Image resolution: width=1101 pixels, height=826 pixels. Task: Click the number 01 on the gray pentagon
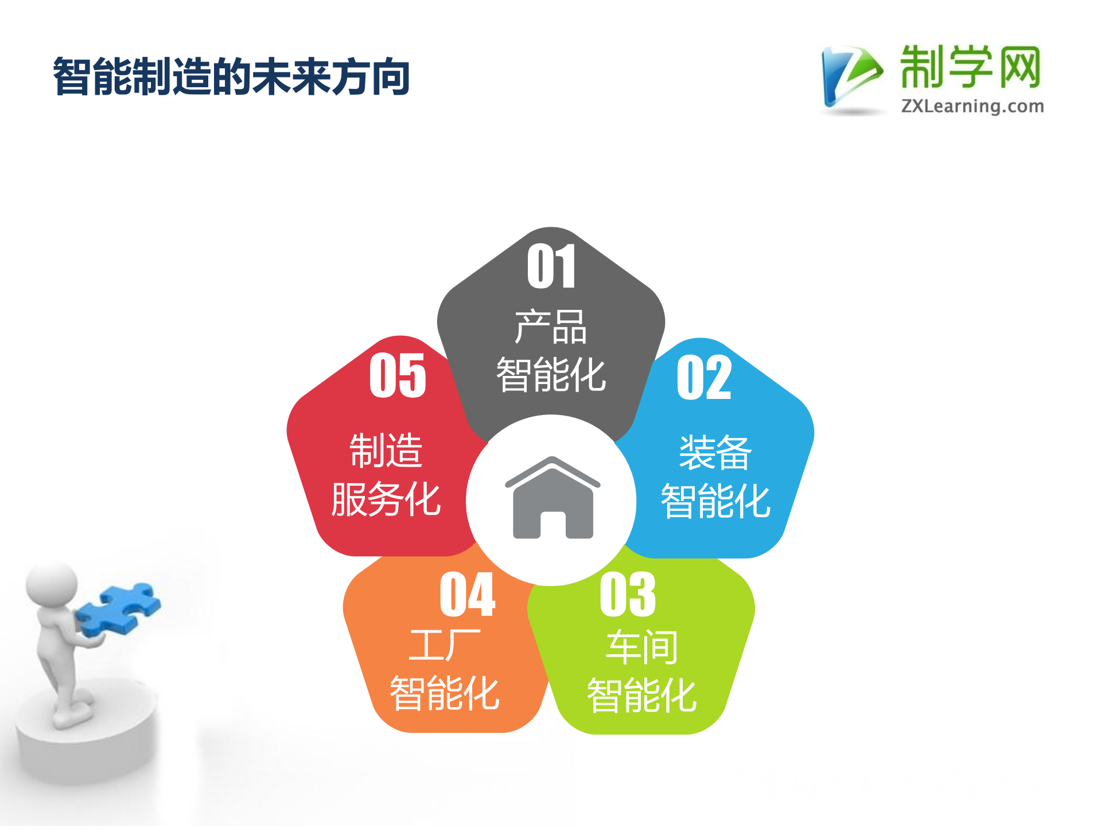551,266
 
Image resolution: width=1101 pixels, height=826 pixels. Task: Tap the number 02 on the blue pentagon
703,377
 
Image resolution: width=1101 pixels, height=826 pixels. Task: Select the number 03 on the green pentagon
627,595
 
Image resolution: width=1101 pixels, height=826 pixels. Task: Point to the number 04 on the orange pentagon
467,595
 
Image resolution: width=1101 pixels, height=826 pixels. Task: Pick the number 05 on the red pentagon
398,375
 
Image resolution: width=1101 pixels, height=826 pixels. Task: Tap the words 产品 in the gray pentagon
551,327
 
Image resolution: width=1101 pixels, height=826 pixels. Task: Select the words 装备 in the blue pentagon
715,452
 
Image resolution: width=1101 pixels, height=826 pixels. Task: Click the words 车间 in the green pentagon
641,647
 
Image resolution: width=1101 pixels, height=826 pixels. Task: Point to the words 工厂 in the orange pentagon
445,645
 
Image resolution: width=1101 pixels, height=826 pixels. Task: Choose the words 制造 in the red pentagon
386,451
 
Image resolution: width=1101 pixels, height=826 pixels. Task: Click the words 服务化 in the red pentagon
386,499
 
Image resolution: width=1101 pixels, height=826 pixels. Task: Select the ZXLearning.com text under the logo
972,106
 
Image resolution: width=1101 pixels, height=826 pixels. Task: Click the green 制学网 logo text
970,68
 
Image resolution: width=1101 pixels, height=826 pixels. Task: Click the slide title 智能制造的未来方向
231,76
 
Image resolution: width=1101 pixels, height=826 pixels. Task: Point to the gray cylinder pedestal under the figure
86,746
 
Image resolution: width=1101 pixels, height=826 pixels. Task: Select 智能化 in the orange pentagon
445,693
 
